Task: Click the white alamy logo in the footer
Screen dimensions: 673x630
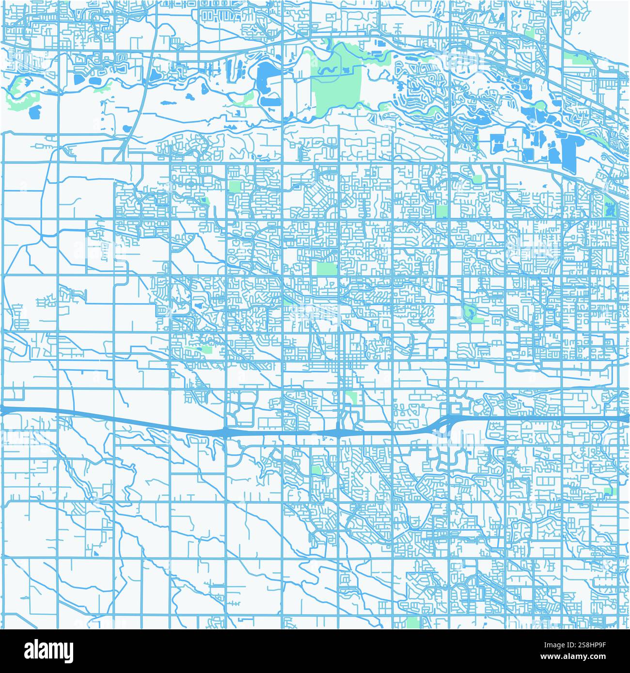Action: click(x=48, y=650)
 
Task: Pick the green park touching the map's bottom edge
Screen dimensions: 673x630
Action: click(x=413, y=623)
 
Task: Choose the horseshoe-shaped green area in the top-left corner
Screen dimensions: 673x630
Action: click(x=19, y=92)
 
